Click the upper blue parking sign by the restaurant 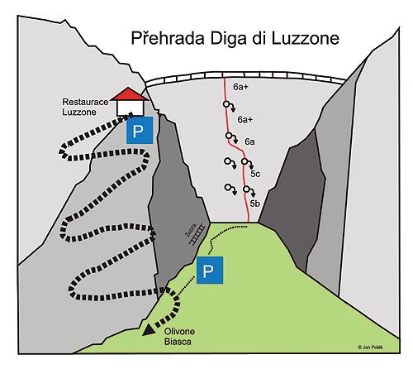pos(140,131)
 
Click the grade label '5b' pos(255,202)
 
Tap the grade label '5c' pos(255,174)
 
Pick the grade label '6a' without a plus pos(249,142)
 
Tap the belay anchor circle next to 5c pos(245,161)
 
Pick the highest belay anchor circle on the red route pos(226,104)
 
